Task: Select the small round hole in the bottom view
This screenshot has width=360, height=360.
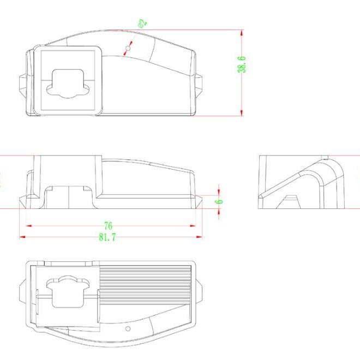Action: (128, 329)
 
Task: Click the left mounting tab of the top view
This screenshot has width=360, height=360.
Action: (23, 86)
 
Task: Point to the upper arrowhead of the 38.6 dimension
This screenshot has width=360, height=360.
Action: (242, 32)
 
